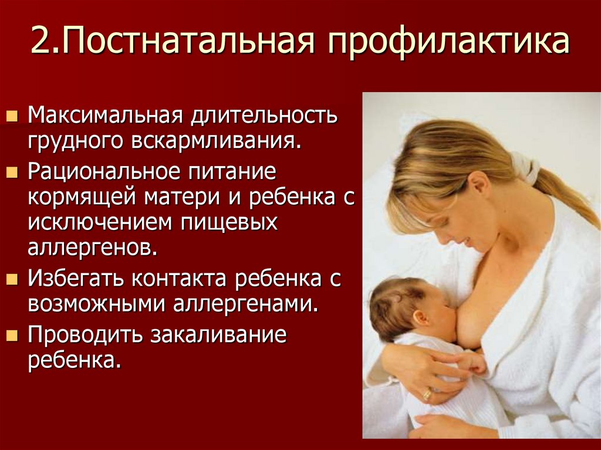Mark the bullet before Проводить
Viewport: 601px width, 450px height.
coord(11,336)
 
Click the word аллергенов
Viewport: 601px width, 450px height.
coord(93,247)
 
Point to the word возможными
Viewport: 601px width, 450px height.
coord(94,304)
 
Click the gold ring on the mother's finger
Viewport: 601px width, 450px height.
coord(427,394)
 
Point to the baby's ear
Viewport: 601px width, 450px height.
coord(421,318)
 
